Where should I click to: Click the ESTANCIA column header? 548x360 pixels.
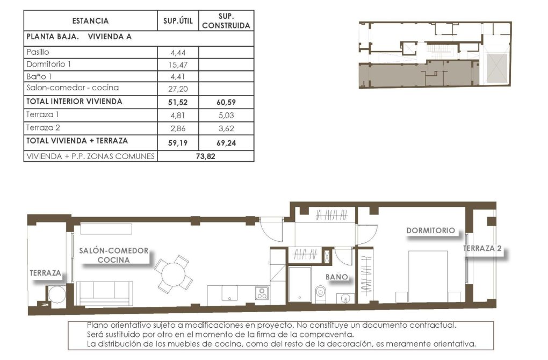tap(90, 21)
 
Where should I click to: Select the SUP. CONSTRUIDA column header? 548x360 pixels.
tap(226, 20)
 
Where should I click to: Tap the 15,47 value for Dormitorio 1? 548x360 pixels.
tap(178, 64)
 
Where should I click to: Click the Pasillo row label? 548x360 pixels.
tap(38, 52)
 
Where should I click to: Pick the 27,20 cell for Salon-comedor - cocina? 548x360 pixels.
tap(178, 89)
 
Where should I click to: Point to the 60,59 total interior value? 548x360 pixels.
tap(226, 102)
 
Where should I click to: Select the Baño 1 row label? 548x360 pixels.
tap(38, 76)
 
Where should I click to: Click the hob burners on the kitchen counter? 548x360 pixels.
tap(262, 293)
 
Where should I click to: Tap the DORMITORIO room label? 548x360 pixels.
tap(430, 231)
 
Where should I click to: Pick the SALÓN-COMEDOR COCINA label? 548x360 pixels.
tap(113, 255)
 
